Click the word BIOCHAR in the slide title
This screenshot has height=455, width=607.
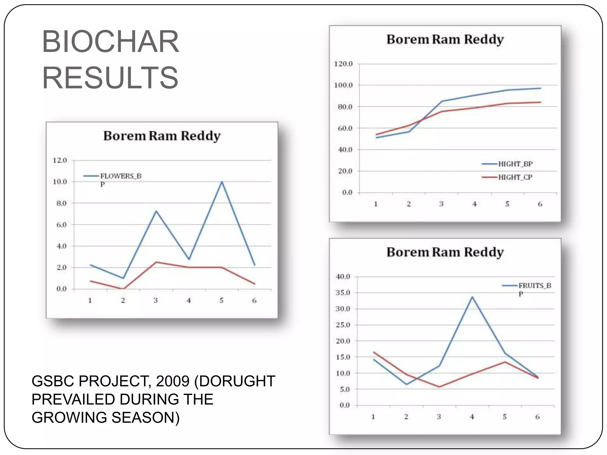[110, 42]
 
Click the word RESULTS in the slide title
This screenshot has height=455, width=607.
[110, 78]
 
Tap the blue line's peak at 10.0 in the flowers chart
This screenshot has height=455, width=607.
[222, 182]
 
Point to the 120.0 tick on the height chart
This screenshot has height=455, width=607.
[343, 64]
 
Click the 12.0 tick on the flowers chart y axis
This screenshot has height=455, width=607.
[60, 160]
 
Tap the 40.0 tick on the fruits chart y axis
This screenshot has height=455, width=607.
[343, 277]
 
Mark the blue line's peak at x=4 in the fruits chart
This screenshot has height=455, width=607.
[472, 297]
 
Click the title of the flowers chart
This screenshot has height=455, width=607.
[162, 136]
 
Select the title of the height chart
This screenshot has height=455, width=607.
[445, 39]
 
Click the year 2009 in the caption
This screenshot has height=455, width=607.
[172, 381]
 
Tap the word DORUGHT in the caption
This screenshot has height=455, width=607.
[237, 381]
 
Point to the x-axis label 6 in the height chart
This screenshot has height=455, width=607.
[540, 204]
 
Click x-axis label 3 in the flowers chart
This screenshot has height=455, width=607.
[156, 300]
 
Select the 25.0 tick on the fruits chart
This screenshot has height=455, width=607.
[343, 325]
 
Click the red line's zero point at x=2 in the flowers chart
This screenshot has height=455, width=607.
[123, 289]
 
